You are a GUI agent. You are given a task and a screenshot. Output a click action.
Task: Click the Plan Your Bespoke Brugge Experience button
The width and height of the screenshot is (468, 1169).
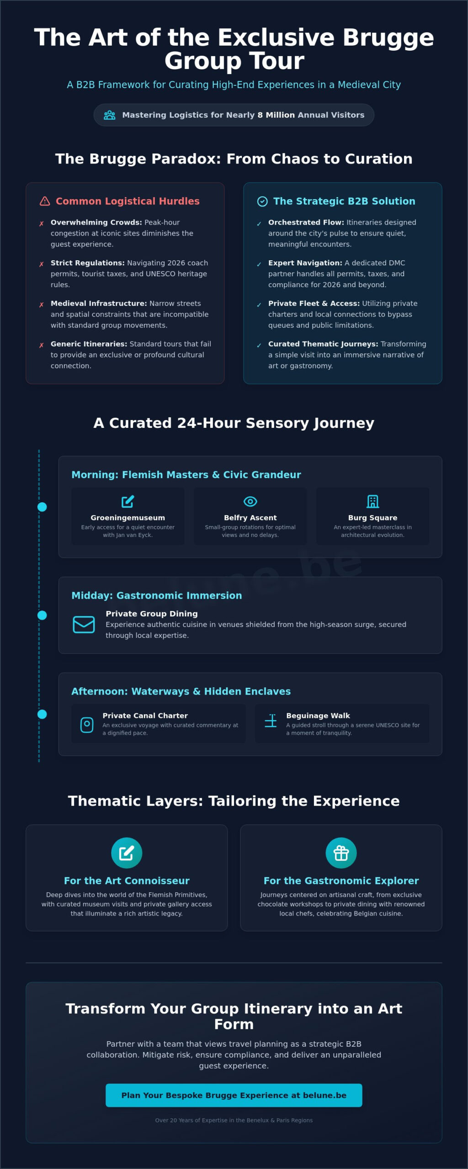234,1095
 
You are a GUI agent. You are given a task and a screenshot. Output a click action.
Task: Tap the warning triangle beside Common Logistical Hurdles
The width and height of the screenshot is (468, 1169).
45,201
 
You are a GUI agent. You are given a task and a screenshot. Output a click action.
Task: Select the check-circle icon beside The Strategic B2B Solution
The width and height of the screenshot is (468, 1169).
262,201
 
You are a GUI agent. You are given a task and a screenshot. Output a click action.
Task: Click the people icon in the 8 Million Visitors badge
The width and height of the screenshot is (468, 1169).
110,115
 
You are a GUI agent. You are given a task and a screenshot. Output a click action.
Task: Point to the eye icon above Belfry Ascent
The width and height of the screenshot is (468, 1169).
250,501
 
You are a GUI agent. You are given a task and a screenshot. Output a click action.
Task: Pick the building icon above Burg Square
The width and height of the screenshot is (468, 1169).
373,501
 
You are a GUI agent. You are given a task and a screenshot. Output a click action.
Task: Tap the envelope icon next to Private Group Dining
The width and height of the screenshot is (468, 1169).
84,624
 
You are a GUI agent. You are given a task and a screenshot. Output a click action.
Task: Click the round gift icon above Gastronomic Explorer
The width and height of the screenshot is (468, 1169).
341,853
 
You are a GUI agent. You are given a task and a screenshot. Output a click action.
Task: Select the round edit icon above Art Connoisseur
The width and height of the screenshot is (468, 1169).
127,853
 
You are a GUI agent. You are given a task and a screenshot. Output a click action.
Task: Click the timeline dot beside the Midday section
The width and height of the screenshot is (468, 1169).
42,615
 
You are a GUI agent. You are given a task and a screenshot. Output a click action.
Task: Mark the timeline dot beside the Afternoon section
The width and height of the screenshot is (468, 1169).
42,714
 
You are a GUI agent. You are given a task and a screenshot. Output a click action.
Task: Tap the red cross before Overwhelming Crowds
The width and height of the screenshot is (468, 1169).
42,224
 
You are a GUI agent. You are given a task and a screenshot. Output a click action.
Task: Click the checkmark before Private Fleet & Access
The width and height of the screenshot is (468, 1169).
259,305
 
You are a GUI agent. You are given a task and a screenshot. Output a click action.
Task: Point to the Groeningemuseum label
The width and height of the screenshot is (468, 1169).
128,518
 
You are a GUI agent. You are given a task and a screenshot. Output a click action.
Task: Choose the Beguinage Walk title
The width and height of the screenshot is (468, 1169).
318,716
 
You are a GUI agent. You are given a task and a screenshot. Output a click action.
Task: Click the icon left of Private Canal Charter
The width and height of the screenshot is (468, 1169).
87,725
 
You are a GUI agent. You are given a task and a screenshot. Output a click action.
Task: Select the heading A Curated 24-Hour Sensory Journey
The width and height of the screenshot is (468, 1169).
234,423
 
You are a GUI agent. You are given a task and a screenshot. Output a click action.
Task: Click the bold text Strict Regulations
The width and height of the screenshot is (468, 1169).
88,263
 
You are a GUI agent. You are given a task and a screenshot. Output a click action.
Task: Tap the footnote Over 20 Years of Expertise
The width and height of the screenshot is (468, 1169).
234,1120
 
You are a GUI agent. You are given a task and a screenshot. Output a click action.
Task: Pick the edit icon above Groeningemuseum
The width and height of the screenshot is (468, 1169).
128,501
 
